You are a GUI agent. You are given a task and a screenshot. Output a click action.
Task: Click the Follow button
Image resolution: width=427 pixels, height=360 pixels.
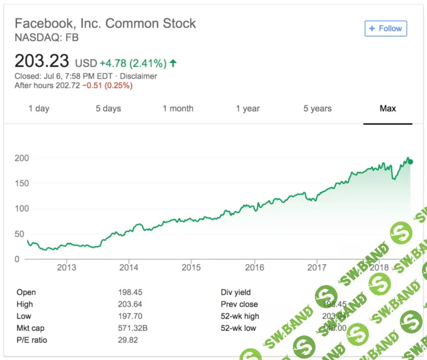coord(385,28)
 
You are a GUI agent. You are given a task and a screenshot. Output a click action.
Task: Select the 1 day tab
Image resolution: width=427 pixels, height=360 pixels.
coord(38,108)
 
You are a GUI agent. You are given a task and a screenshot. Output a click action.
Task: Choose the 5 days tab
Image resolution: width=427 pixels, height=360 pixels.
coord(108,108)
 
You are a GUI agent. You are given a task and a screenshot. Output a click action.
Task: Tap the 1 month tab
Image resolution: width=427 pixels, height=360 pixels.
coord(178,108)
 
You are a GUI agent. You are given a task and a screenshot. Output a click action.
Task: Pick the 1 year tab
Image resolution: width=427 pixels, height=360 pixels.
coord(248,108)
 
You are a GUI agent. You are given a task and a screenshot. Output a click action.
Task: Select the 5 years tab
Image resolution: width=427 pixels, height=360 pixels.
coord(317,108)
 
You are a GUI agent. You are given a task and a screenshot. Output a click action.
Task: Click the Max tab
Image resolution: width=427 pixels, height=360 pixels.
coord(387,108)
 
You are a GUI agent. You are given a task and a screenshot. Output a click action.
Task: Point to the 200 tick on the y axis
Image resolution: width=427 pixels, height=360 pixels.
coord(21,158)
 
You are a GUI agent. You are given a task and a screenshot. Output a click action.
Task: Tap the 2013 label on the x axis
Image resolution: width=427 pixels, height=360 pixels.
coord(66,267)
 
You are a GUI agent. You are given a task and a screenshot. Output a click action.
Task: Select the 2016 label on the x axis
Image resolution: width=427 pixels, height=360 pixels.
coord(254,267)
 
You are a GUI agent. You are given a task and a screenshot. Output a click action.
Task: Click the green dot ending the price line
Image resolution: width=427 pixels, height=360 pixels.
coord(410,162)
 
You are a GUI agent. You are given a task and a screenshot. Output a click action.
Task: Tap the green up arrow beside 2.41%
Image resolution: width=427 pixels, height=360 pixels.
coord(173,63)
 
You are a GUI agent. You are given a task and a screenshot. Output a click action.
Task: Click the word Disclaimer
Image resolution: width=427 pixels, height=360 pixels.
coord(139,76)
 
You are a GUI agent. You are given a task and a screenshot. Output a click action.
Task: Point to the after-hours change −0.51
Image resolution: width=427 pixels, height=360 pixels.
coord(95,85)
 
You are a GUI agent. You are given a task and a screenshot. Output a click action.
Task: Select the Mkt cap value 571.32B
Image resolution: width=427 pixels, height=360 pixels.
coord(133,328)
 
